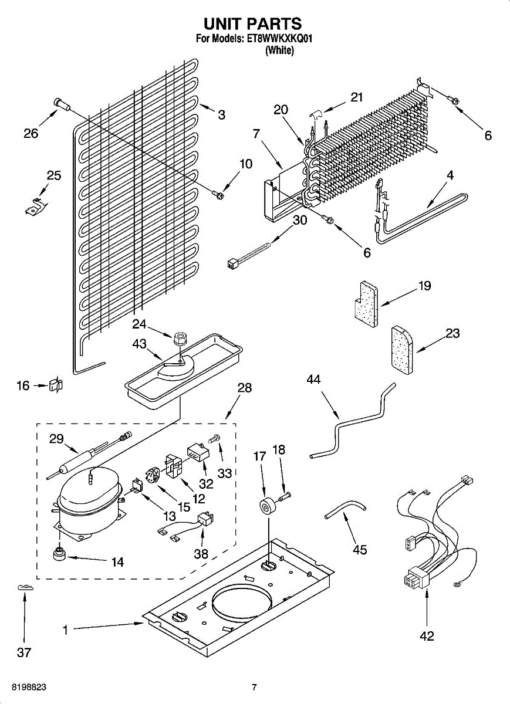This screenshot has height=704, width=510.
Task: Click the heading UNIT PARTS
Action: coord(253,23)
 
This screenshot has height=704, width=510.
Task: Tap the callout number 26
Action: coord(31,134)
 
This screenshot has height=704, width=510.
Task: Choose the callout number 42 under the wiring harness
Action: coord(427,636)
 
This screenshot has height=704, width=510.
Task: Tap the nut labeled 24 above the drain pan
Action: coord(179,339)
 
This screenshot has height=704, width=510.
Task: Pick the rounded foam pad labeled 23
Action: coord(402,350)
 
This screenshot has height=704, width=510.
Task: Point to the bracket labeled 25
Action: coord(36,207)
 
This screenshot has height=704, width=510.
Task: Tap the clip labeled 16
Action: coord(56,385)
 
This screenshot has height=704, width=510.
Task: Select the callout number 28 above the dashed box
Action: coord(244,388)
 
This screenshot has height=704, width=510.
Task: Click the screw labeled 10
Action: coord(217,195)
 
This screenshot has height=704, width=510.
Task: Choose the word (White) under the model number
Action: coord(279,50)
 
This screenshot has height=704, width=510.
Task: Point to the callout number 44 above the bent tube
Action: coord(313,380)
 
